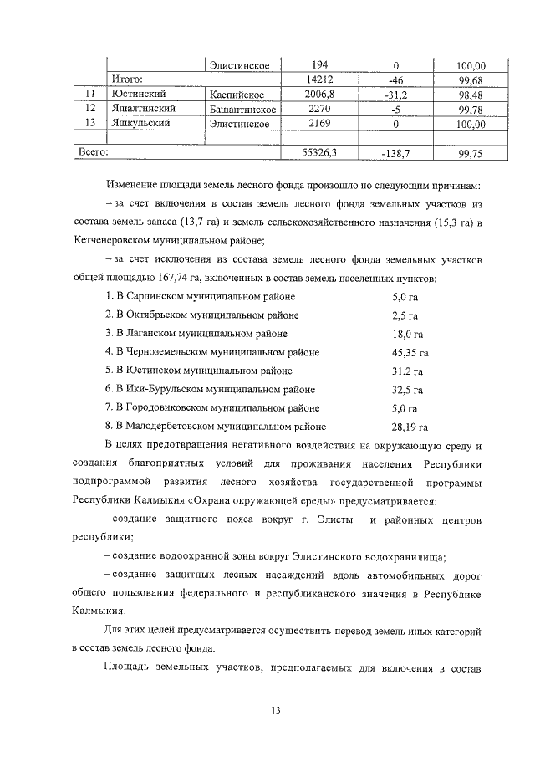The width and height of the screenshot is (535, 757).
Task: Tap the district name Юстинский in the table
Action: click(139, 94)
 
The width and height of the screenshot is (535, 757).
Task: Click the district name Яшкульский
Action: click(140, 124)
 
